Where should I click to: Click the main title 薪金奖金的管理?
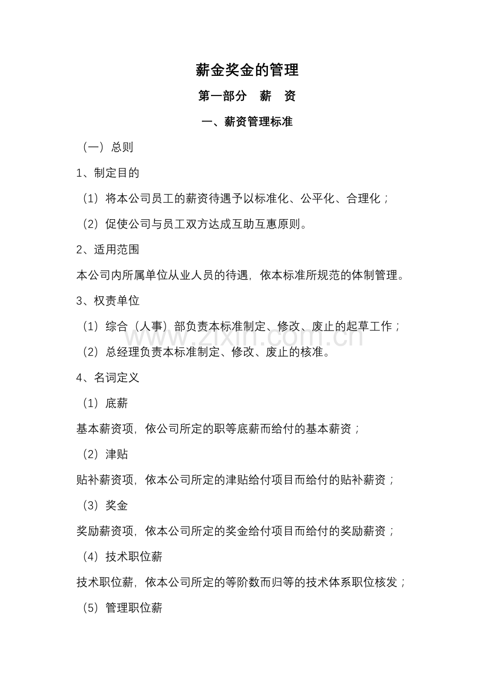click(247, 70)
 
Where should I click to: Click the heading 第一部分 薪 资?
click(247, 96)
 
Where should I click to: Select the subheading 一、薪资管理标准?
click(247, 122)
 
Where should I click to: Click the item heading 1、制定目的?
click(108, 172)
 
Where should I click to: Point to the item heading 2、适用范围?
click(108, 249)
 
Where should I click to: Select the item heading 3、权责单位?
click(108, 301)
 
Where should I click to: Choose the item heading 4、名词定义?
click(108, 378)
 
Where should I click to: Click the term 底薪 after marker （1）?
click(117, 403)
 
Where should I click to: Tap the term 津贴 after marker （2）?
click(117, 454)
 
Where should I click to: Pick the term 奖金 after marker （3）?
click(117, 506)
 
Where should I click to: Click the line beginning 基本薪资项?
click(218, 429)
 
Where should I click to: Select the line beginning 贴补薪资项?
click(236, 480)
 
